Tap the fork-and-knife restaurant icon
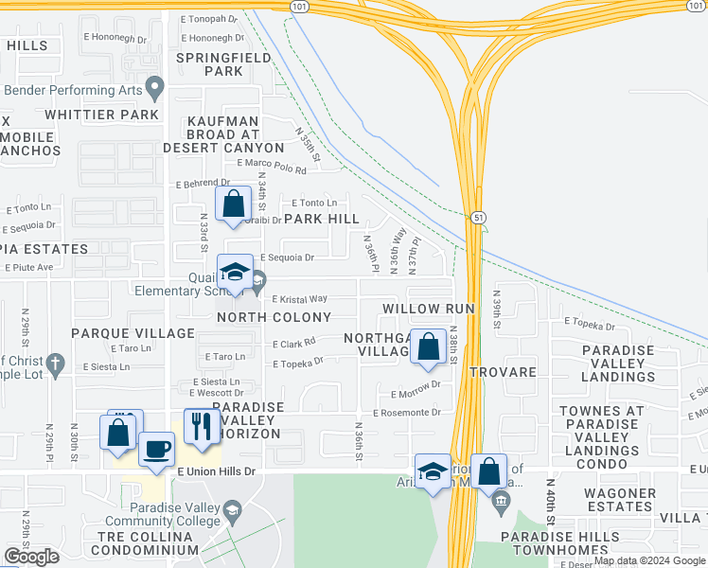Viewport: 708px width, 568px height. click(201, 427)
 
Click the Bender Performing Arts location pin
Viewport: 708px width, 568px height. click(154, 91)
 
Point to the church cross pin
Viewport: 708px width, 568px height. click(56, 364)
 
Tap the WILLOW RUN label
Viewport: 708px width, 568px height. click(428, 309)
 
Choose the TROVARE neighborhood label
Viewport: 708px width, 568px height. click(504, 372)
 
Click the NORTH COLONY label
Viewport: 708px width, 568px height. click(274, 317)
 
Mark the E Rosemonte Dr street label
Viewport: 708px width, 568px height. click(407, 413)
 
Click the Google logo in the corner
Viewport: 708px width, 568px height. click(31, 557)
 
